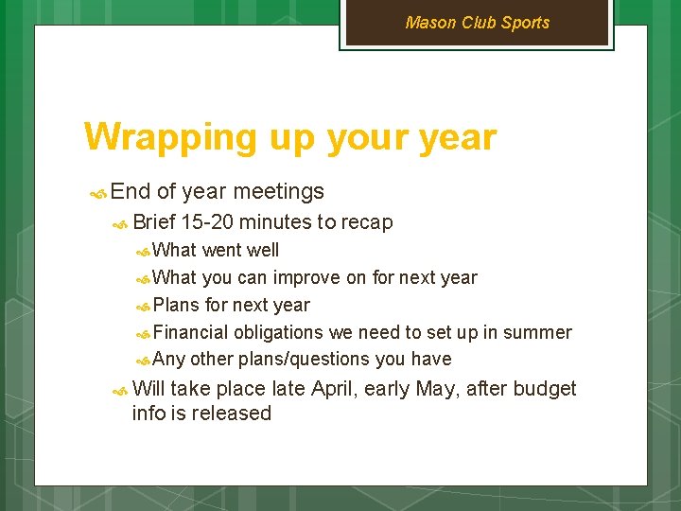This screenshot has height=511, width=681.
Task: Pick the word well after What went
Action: click(x=262, y=251)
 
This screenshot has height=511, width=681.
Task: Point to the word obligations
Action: click(x=278, y=332)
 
